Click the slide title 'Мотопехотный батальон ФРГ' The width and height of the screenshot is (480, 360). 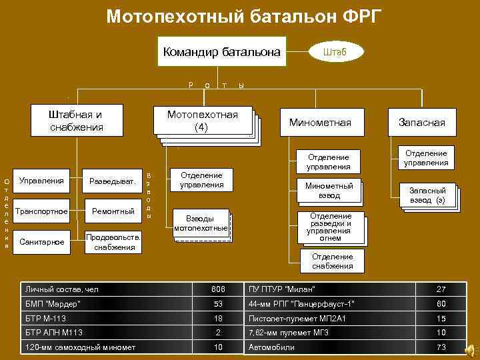point(245,15)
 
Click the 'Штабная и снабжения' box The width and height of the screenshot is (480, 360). point(76,120)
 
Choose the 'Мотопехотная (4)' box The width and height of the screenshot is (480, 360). point(203,121)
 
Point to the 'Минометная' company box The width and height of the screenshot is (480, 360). point(319,123)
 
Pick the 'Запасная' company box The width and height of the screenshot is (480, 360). point(422,123)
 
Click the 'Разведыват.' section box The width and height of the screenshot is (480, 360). point(111,181)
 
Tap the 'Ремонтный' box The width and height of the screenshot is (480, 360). point(111,211)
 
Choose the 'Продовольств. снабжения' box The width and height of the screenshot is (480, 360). point(113,242)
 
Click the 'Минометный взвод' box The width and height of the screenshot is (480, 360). point(329,191)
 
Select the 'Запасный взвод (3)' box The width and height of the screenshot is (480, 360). point(427,195)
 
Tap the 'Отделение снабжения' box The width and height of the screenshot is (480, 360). point(333,261)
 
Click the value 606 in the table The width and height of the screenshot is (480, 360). point(219,289)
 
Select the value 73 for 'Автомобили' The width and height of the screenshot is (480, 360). point(441,347)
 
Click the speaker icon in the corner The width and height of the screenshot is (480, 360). point(471,349)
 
